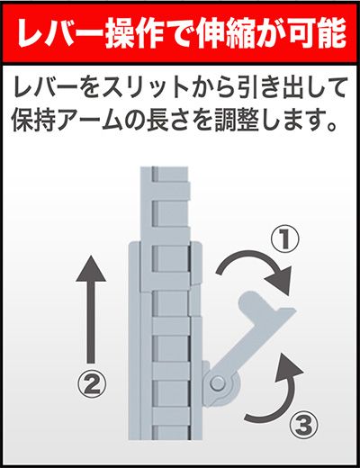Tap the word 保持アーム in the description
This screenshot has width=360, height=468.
pos(69,119)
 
